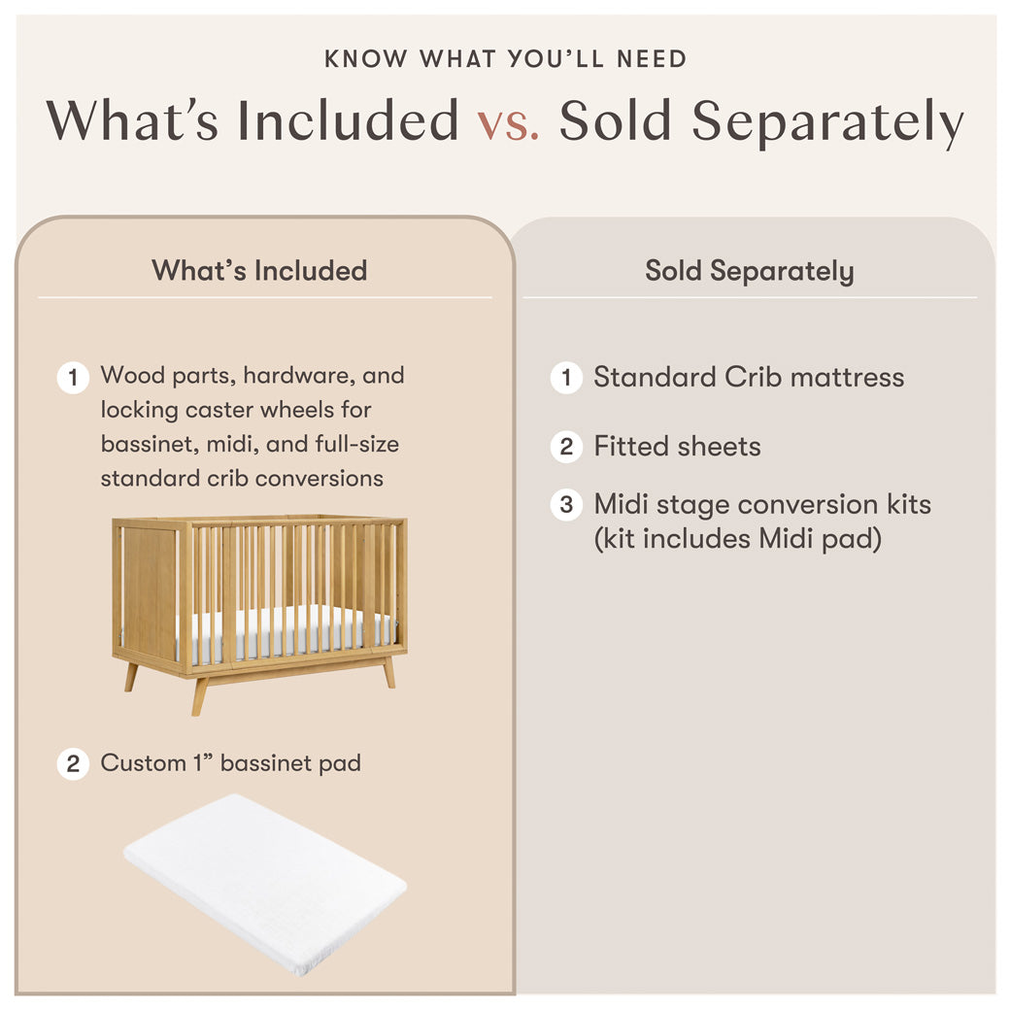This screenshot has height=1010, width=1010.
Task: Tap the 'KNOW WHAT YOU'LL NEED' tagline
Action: coord(505,58)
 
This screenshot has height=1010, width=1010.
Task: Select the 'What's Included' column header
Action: coord(259,270)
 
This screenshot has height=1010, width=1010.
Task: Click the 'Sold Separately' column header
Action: coord(750,271)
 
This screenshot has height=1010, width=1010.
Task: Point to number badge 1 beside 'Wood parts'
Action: coord(73,377)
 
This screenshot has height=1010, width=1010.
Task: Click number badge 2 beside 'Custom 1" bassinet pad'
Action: coord(73,763)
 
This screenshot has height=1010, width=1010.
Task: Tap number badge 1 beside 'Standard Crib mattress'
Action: coord(566,377)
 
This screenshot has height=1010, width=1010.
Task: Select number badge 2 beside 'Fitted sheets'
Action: coord(566,447)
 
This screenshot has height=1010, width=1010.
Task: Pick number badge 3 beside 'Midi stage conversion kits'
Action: coord(566,505)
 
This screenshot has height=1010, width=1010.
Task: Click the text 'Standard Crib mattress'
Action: coord(749,377)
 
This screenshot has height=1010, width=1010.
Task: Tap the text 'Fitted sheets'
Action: coord(677,447)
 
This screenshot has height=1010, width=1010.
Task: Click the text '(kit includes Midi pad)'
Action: coord(737,538)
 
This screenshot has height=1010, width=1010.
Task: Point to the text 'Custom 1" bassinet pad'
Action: coord(230,763)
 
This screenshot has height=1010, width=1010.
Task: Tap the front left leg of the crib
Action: coord(199,695)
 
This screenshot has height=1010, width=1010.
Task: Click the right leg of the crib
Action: coord(388,672)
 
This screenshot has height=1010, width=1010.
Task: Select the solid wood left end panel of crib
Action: coord(149,592)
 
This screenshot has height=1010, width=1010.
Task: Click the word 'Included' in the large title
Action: coord(349,121)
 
